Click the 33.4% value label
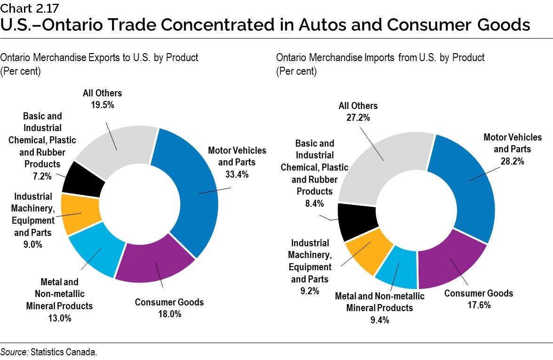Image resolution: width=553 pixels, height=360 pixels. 237,174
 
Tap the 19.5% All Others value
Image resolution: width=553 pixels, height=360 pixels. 103,105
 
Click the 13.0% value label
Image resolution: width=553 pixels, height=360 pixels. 59,318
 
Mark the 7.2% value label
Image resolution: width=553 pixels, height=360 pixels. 42,176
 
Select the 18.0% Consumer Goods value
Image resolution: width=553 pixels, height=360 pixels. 169,314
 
